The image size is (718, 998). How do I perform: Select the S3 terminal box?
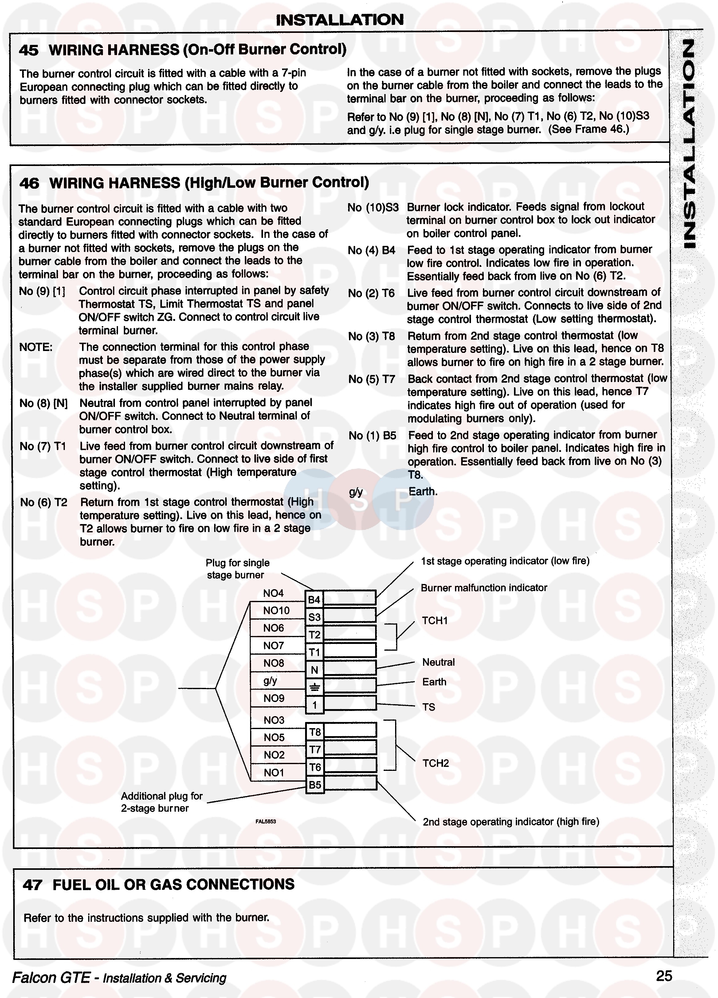point(314,617)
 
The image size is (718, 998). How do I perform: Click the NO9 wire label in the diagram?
point(274,698)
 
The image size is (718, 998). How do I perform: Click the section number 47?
point(33,885)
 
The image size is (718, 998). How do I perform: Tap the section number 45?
point(29,50)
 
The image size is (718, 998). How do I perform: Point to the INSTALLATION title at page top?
point(339,20)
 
